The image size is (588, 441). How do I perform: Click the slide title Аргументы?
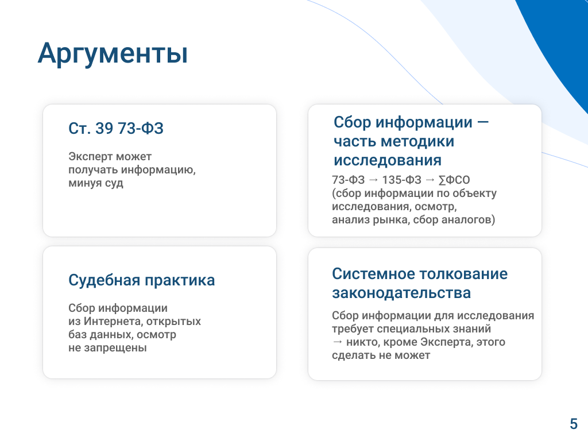click(113, 53)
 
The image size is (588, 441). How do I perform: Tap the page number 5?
click(574, 424)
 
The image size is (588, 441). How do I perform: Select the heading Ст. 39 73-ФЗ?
click(116, 128)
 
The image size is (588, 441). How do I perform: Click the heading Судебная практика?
click(141, 280)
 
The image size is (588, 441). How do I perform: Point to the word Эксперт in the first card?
click(90, 156)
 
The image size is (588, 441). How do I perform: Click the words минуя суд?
click(96, 183)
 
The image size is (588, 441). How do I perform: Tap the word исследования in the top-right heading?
click(388, 161)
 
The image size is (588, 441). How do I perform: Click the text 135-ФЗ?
click(401, 180)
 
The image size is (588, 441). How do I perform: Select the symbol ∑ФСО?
click(454, 180)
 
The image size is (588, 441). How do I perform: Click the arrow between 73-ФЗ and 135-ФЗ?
click(373, 180)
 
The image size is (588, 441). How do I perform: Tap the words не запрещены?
click(107, 348)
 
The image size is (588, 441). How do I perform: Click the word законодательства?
click(401, 293)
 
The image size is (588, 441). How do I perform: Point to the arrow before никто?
click(338, 342)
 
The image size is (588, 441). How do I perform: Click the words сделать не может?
click(381, 355)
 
